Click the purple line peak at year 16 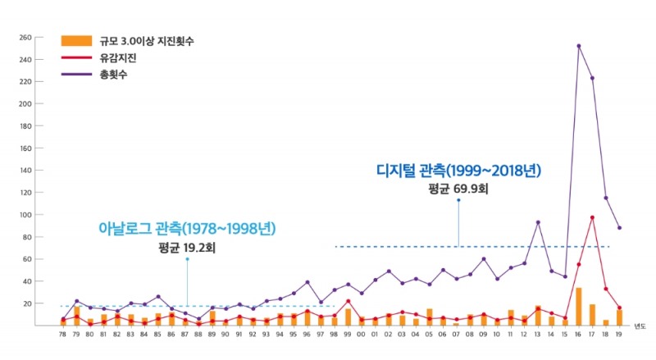click(x=579, y=46)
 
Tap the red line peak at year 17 click(x=592, y=217)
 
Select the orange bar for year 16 click(x=579, y=307)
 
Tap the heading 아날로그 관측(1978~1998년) click(x=187, y=228)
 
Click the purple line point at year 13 click(x=538, y=222)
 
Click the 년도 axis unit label click(x=639, y=326)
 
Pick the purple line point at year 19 click(x=619, y=228)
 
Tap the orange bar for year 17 click(x=592, y=315)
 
